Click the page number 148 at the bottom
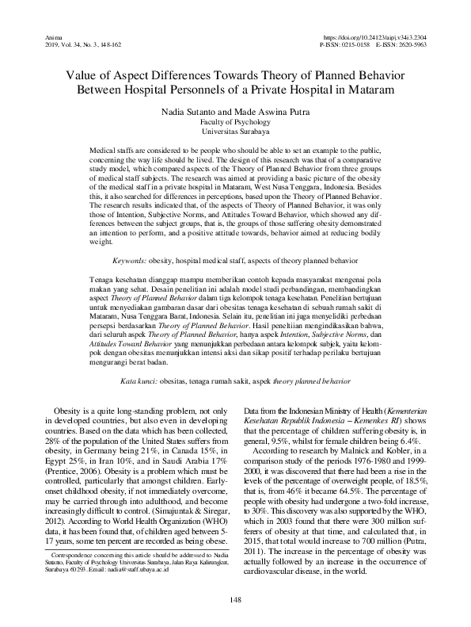(235, 599)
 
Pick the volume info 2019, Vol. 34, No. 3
(70, 45)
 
